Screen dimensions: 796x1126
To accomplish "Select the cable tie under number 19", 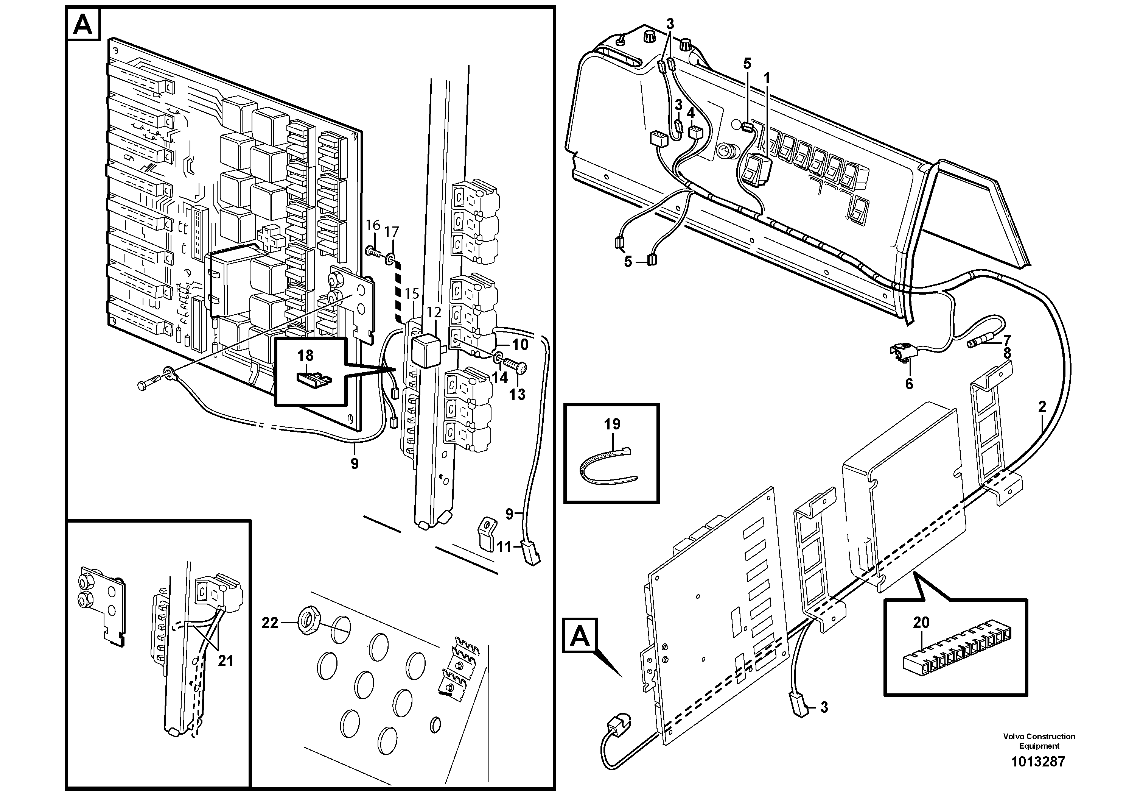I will coord(607,465).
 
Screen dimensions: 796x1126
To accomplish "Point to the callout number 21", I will coord(226,661).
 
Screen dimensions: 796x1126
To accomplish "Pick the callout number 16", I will coord(373,225).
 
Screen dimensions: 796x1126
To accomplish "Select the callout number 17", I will coord(392,232).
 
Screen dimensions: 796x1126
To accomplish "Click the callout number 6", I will coord(909,384).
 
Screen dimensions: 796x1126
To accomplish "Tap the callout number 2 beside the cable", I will coord(1042,406).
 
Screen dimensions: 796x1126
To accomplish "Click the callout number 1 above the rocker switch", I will coord(767,78).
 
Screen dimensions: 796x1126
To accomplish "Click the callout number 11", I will coord(504,547).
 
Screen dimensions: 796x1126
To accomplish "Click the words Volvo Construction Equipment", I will coord(1039,741).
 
